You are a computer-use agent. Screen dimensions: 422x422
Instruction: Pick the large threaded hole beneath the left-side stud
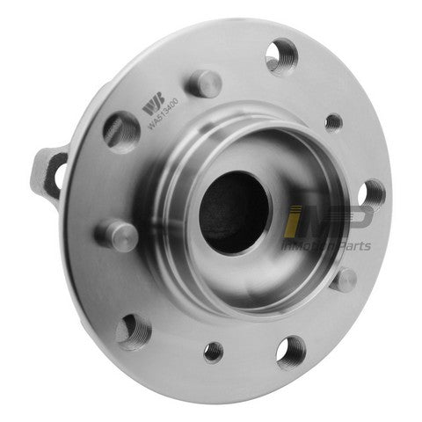[x=134, y=331]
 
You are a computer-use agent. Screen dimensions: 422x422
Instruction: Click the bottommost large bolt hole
[x=290, y=352]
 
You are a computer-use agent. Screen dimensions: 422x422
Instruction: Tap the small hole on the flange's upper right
[x=333, y=122]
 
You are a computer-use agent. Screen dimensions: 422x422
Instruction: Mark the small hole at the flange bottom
[x=214, y=352]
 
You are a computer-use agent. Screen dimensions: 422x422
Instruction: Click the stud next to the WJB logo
[x=205, y=84]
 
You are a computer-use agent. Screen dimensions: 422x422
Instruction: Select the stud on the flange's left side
[x=118, y=234]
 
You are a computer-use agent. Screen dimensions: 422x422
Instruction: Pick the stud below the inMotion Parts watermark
[x=345, y=280]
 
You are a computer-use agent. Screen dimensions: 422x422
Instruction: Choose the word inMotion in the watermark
[x=308, y=248]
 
